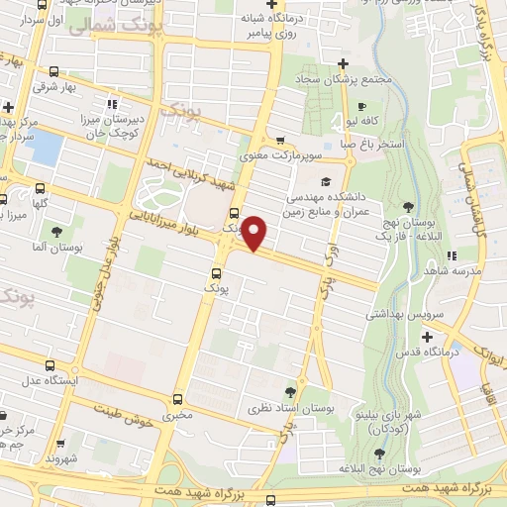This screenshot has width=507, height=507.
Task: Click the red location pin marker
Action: pos(255,233)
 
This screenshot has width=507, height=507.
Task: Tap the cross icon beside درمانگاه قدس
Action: pos(427,337)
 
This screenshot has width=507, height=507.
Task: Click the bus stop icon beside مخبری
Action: pos(177,399)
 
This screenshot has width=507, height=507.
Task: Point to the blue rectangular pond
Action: pos(43,148)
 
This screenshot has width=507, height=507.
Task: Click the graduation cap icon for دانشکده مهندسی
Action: pos(326,181)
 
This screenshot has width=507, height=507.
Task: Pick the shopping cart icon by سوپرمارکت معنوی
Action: pos(281,140)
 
